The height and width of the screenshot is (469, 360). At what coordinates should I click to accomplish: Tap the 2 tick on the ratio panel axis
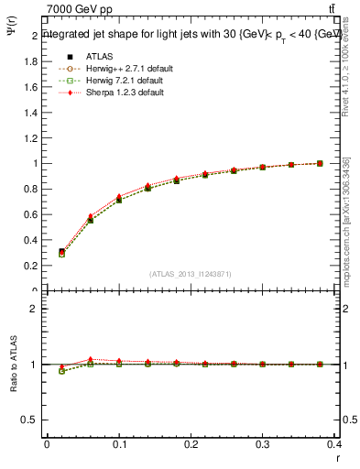[36, 309]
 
